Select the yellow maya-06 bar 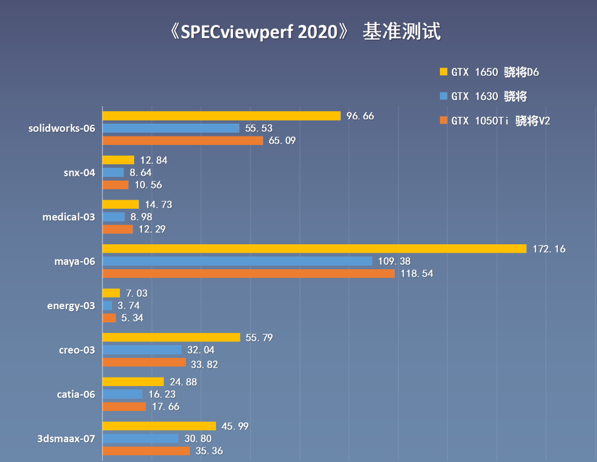tap(314, 249)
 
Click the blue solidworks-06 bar tap(171, 128)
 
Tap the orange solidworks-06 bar tap(183, 141)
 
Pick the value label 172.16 tap(549, 249)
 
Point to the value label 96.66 tap(360, 116)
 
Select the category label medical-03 tap(69, 217)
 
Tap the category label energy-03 tap(71, 305)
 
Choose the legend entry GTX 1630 tap(489, 97)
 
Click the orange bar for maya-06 tap(248, 273)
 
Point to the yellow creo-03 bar tap(171, 337)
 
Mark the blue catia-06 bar tap(123, 394)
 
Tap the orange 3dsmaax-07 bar tap(146, 451)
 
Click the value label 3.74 tap(128, 305)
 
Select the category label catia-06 tap(76, 394)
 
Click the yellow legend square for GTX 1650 tap(444, 72)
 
